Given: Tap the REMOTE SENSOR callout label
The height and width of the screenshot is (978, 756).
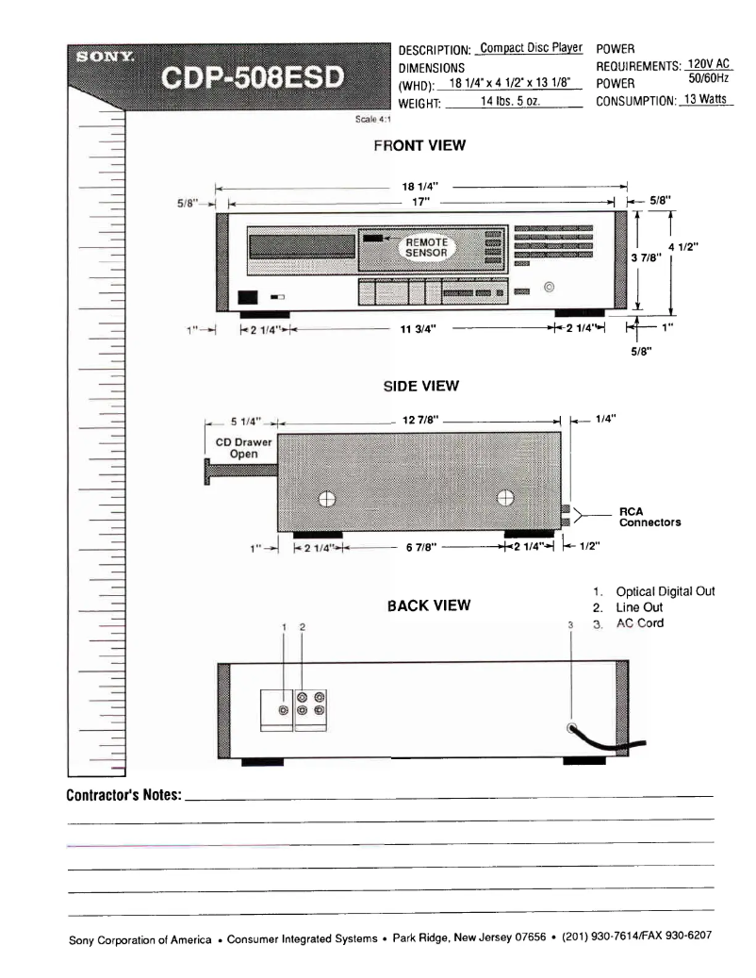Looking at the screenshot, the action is [426, 247].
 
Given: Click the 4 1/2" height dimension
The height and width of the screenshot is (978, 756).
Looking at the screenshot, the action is [696, 247].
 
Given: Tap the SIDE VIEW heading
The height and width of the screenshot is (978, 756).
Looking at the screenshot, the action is [420, 386].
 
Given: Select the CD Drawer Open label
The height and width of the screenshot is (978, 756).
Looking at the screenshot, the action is [238, 448].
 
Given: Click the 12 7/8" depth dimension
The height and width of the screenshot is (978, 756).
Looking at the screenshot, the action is [417, 420].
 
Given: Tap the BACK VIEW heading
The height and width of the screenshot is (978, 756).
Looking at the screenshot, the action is [428, 605].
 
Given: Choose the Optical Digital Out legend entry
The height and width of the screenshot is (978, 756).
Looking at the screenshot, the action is [665, 591].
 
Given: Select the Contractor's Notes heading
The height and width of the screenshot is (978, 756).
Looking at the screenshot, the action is [124, 795].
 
